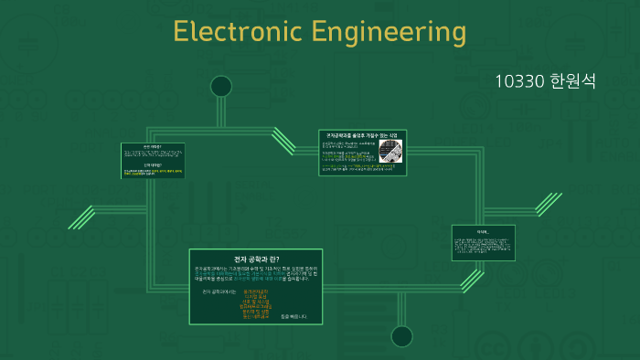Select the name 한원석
coord(573,80)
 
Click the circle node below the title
coord(221,87)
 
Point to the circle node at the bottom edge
coord(401,335)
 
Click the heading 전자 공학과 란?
coord(255,259)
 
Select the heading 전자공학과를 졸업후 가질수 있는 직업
coord(362,135)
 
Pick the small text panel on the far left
coord(153,160)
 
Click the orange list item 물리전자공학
coord(257,291)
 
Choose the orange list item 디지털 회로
coord(257,296)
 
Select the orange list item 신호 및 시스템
coord(257,302)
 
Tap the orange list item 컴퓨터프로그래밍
coord(257,307)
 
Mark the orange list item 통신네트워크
coord(257,317)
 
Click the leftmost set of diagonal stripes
coord(82,217)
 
